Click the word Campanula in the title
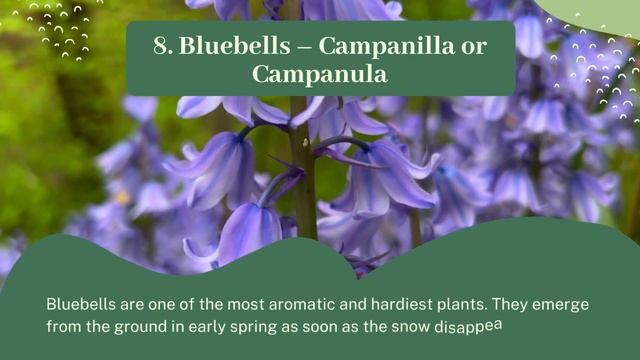pos(321,74)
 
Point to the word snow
pos(406,326)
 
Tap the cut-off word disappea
pos(468,325)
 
